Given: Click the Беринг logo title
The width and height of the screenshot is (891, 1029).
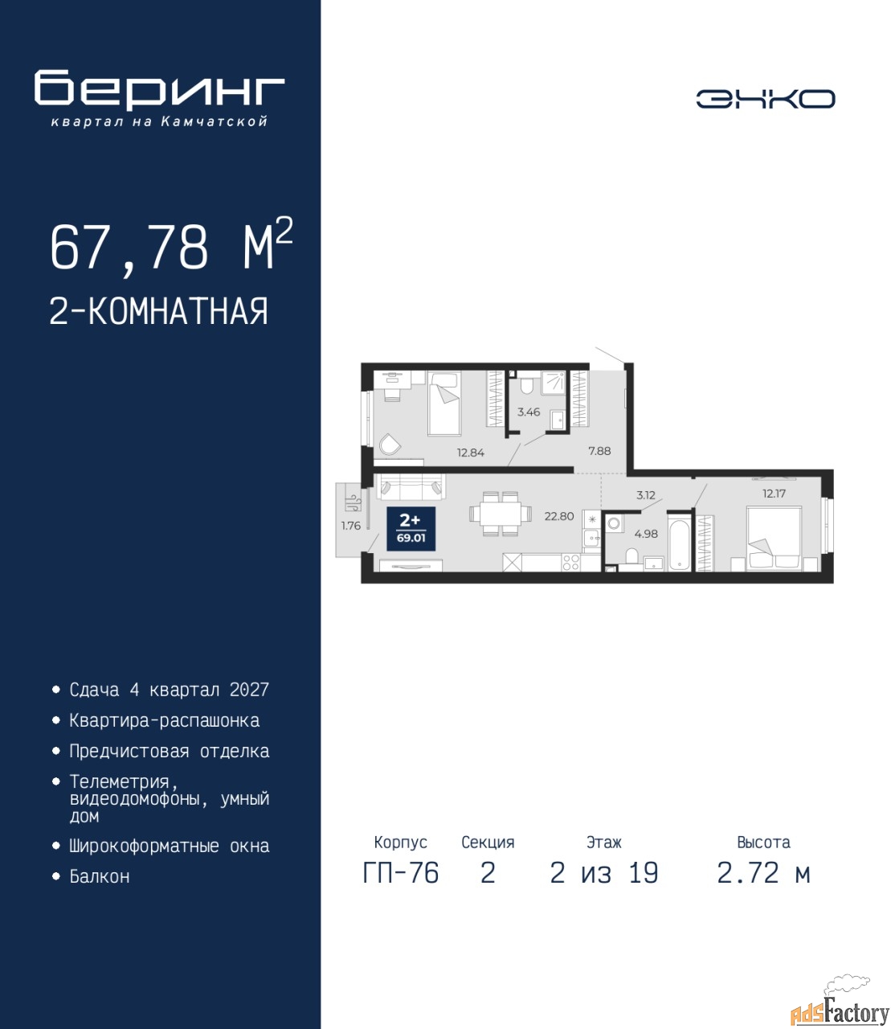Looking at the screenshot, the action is [159, 89].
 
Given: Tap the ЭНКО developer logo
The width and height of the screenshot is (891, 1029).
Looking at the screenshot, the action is [765, 99].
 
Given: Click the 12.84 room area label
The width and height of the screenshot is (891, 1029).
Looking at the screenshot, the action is [471, 453].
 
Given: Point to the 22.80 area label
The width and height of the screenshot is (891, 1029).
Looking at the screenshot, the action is [559, 516].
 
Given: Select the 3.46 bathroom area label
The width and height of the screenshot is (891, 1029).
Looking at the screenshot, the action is [529, 412].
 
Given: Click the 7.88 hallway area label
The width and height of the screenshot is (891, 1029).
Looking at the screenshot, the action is [599, 451].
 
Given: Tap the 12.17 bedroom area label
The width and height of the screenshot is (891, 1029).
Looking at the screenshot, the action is [774, 494].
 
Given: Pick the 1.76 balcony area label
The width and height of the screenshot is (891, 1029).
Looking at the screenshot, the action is [351, 526].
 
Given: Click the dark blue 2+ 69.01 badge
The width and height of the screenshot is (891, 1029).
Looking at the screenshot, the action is [411, 529].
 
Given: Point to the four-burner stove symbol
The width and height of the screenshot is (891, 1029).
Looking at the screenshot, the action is [570, 563].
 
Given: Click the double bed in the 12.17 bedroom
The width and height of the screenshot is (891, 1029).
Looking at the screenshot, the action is [774, 539].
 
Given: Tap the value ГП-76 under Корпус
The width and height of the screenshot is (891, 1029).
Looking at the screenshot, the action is [401, 873].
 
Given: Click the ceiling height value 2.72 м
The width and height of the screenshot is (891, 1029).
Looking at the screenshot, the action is [763, 873].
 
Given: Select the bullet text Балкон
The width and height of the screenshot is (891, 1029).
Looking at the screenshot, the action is [100, 876].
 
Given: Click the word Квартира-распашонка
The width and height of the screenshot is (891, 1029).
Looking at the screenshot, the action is [164, 721].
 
